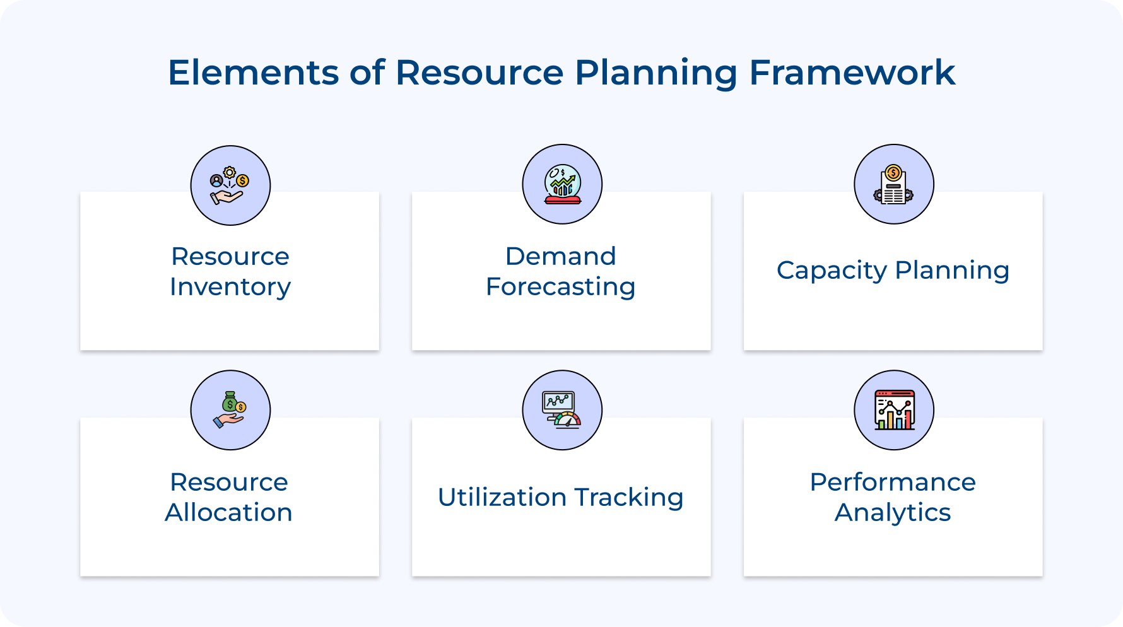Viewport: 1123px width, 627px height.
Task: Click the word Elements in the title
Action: (x=254, y=72)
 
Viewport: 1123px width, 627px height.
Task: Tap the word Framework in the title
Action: (x=852, y=72)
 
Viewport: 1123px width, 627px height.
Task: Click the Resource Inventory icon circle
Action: (x=230, y=185)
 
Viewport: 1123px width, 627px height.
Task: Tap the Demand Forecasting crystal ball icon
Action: (x=562, y=184)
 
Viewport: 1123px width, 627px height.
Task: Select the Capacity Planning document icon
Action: (x=894, y=184)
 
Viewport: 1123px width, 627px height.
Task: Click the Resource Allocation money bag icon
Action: (x=230, y=410)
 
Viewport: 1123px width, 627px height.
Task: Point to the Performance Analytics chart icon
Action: (x=894, y=410)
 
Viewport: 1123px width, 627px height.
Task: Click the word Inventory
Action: (x=230, y=287)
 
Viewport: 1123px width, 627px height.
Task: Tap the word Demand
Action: (x=561, y=256)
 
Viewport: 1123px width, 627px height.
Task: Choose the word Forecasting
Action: (x=561, y=287)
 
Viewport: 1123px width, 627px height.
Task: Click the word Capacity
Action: (x=832, y=271)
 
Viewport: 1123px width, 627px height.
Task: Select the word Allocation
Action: (x=229, y=512)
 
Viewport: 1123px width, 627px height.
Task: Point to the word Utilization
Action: (x=502, y=497)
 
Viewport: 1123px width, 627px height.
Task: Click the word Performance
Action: (x=893, y=482)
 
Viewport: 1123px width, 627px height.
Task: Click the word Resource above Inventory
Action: (x=230, y=256)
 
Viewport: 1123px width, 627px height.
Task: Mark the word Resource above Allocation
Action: (x=229, y=482)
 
